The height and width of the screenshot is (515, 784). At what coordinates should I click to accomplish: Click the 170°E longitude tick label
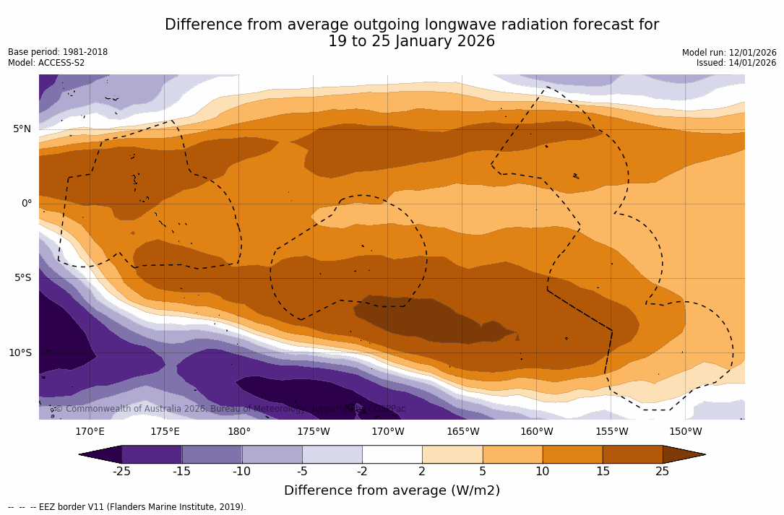pyautogui.click(x=90, y=432)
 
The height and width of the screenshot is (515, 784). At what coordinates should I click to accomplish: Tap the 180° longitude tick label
pyautogui.click(x=239, y=432)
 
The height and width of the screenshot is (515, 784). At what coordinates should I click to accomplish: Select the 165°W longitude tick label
pyautogui.click(x=462, y=432)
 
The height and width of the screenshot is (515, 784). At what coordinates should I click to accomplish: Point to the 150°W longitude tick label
pyautogui.click(x=685, y=432)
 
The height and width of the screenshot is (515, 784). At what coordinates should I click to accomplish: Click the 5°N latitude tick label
pyautogui.click(x=22, y=129)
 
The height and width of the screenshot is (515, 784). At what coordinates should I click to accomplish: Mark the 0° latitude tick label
pyautogui.click(x=26, y=204)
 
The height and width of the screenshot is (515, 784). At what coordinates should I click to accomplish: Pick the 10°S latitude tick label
pyautogui.click(x=20, y=352)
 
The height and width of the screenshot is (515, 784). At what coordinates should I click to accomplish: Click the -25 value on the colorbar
pyautogui.click(x=121, y=472)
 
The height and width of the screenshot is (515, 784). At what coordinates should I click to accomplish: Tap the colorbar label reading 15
pyautogui.click(x=602, y=472)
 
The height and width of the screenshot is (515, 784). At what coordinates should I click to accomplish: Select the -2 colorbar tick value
pyautogui.click(x=362, y=472)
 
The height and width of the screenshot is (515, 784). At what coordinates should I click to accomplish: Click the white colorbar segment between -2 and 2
pyautogui.click(x=392, y=454)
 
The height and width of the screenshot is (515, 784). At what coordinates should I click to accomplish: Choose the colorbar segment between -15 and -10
pyautogui.click(x=212, y=454)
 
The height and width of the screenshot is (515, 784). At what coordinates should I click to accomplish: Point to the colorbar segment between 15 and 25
pyautogui.click(x=632, y=454)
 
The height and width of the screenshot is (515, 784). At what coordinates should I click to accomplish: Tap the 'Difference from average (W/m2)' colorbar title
pyautogui.click(x=392, y=490)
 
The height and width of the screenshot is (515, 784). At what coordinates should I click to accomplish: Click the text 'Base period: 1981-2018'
pyautogui.click(x=58, y=52)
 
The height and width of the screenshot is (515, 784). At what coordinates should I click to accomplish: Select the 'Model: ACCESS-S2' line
pyautogui.click(x=46, y=63)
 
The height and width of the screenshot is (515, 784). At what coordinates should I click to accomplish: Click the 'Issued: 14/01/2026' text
pyautogui.click(x=736, y=63)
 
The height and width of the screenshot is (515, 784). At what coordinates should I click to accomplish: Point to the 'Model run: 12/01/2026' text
pyautogui.click(x=729, y=53)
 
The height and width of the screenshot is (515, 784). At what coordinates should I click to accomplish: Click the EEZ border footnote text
pyautogui.click(x=126, y=507)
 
